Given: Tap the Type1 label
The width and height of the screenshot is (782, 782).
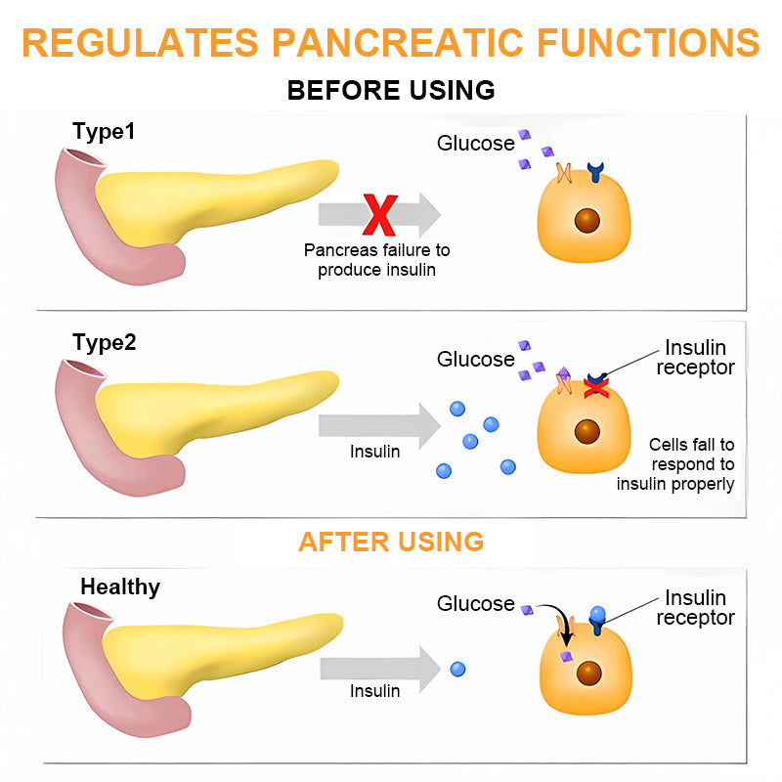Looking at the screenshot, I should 103,130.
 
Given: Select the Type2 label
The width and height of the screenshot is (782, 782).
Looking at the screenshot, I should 105,343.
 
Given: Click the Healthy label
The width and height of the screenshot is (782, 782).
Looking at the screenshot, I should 120,587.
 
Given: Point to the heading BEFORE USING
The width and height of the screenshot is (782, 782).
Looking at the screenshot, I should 391,90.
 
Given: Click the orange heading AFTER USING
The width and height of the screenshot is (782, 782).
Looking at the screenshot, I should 391,542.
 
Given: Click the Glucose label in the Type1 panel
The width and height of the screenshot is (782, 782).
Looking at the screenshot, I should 475,144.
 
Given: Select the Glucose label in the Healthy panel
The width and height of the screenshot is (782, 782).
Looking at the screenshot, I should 475,604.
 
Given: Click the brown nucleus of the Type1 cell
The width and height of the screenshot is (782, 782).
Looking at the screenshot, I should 587,218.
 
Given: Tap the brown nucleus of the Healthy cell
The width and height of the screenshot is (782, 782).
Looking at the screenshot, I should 588,673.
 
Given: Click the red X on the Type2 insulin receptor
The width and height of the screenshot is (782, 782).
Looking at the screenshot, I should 595,389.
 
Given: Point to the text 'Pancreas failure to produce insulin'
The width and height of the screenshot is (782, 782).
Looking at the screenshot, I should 376,260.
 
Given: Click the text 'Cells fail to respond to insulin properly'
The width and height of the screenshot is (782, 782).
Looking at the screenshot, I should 675,464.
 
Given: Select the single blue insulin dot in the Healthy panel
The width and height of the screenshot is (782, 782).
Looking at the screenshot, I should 457,670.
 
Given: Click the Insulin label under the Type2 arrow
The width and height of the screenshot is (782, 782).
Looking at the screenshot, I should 374,453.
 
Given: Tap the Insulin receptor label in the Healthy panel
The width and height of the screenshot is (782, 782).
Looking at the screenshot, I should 695,607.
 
